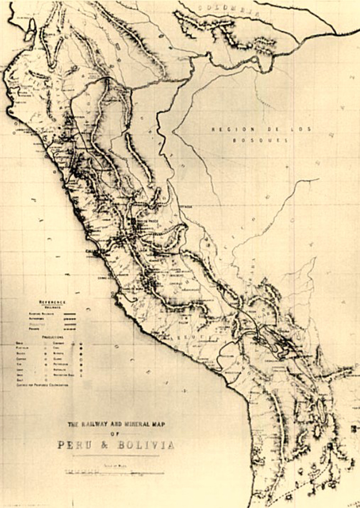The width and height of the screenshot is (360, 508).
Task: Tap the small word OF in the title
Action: coord(115,434)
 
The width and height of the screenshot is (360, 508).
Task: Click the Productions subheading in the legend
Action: coord(53,336)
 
